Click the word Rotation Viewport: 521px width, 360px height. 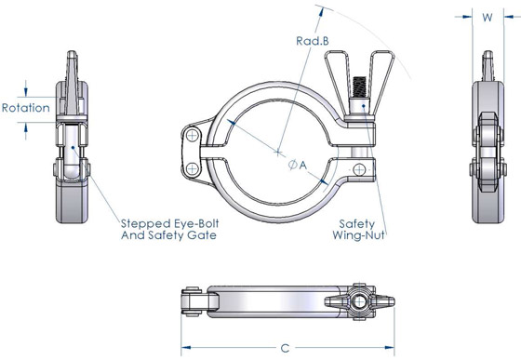pos(25,108)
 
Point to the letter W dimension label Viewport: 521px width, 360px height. pos(488,17)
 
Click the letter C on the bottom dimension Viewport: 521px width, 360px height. pos(286,347)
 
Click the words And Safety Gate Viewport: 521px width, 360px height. pos(169,236)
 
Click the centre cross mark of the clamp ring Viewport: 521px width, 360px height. pos(278,151)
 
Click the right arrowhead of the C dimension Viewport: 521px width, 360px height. pos(390,347)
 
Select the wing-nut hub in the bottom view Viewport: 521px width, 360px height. pos(358,302)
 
